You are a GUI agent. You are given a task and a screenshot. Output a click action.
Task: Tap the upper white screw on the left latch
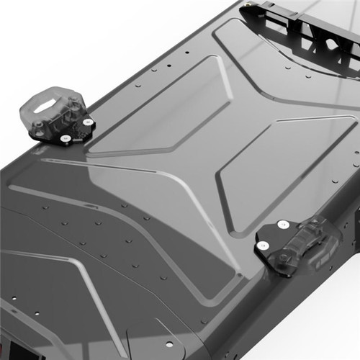(87, 123)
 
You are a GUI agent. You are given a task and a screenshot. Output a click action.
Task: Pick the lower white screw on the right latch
(264, 246)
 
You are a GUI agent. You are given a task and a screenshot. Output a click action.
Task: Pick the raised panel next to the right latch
(281, 173)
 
